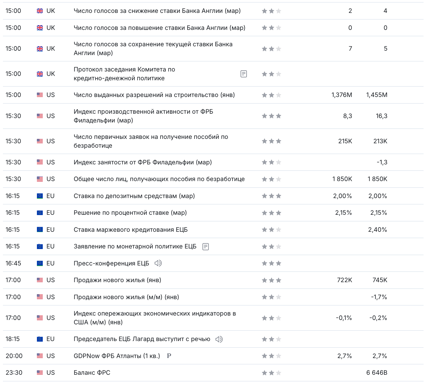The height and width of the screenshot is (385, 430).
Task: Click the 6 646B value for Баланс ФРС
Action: click(377, 373)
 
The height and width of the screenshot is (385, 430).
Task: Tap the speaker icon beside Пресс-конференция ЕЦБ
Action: click(158, 263)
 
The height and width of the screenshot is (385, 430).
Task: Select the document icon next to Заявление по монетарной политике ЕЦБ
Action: click(206, 247)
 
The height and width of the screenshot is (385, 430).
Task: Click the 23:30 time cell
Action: click(14, 373)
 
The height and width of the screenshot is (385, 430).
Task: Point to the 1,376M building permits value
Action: click(342, 95)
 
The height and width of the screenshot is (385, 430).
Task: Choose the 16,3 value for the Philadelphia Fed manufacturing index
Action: click(381, 116)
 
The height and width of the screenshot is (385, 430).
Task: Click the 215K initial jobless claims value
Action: click(345, 141)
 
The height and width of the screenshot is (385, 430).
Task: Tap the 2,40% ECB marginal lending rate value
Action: click(378, 230)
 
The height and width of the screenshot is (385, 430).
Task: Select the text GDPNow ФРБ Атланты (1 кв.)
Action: click(117, 356)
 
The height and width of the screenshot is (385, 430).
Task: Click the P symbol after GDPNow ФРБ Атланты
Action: click(169, 356)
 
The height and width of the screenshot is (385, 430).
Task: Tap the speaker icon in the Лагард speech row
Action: click(219, 339)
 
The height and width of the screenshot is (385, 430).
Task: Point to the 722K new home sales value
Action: click(344, 280)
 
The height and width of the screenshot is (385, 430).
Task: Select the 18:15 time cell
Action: click(13, 339)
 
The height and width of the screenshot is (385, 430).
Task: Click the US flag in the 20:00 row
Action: click(40, 356)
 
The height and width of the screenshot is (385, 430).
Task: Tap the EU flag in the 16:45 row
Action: click(40, 263)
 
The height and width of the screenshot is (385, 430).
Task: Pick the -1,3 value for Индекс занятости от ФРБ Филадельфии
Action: click(382, 162)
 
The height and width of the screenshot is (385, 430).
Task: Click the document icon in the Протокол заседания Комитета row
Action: click(243, 74)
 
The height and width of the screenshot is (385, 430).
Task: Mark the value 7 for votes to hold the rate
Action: click(350, 49)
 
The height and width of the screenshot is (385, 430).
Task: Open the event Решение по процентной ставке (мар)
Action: click(130, 213)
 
